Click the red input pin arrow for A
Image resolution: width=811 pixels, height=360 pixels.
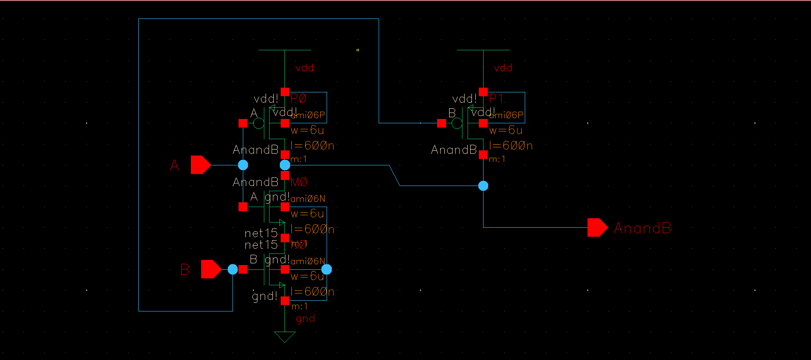[x=200, y=165]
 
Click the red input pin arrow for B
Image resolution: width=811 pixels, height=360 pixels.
[x=210, y=269]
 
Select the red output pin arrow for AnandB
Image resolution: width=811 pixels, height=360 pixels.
[x=597, y=228]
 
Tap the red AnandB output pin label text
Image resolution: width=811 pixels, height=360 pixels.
[x=642, y=228]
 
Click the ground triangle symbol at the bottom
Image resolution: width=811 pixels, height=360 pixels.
[x=285, y=336]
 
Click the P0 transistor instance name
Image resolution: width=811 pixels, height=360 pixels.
[x=298, y=99]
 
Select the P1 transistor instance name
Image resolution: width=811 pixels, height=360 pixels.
[x=496, y=99]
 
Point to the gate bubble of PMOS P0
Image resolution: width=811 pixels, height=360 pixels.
[x=259, y=124]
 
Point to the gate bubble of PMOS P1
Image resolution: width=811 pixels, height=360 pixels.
[x=457, y=124]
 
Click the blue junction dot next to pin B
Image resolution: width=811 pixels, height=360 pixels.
[x=233, y=269]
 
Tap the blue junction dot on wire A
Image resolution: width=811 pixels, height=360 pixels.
[x=243, y=165]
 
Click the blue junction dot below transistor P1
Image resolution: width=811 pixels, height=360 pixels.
[x=483, y=186]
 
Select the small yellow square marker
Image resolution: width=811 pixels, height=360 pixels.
[x=358, y=50]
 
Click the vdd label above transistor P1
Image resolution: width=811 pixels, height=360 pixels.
[x=502, y=68]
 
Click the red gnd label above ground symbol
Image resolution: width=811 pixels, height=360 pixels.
[x=305, y=319]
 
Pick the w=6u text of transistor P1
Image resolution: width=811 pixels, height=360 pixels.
[x=505, y=130]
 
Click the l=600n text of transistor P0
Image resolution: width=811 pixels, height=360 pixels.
[x=312, y=146]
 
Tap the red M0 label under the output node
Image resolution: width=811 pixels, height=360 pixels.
[x=299, y=182]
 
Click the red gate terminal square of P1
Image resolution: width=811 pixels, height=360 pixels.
[x=441, y=124]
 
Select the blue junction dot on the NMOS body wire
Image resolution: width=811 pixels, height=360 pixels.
[x=327, y=269]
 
